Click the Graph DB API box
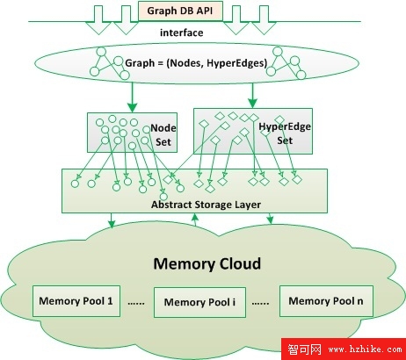click(x=180, y=11)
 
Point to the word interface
click(x=182, y=32)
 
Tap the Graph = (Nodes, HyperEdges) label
click(x=196, y=63)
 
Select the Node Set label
click(x=163, y=135)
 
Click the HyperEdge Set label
click(x=285, y=133)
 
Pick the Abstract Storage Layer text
click(x=206, y=205)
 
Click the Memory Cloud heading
click(x=207, y=263)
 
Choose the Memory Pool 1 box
click(x=76, y=301)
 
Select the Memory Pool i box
click(x=199, y=302)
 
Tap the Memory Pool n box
click(x=326, y=301)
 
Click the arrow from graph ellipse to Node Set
click(x=133, y=97)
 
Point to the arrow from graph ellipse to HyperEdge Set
click(x=252, y=96)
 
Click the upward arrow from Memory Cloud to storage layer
click(x=195, y=220)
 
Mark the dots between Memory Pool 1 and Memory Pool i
click(x=136, y=304)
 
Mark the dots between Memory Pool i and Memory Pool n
click(x=260, y=304)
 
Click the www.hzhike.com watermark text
click(x=365, y=349)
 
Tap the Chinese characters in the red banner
click(x=304, y=349)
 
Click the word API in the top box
click(x=205, y=11)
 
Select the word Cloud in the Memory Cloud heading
click(x=240, y=263)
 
